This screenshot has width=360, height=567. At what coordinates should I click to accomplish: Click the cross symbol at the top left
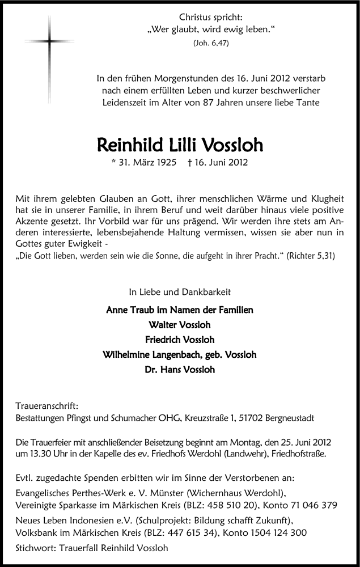[x=50, y=42]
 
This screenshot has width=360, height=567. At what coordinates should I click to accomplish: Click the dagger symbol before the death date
[x=202, y=162]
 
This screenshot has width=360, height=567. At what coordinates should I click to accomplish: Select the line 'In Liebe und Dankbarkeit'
[x=180, y=293]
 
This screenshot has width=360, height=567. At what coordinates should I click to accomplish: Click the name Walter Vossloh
[x=180, y=325]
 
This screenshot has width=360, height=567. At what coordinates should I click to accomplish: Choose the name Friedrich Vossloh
[x=180, y=340]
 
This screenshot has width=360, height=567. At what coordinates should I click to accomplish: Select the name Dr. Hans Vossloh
[x=180, y=370]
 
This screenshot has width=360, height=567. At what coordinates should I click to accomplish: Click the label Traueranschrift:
[x=44, y=406]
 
